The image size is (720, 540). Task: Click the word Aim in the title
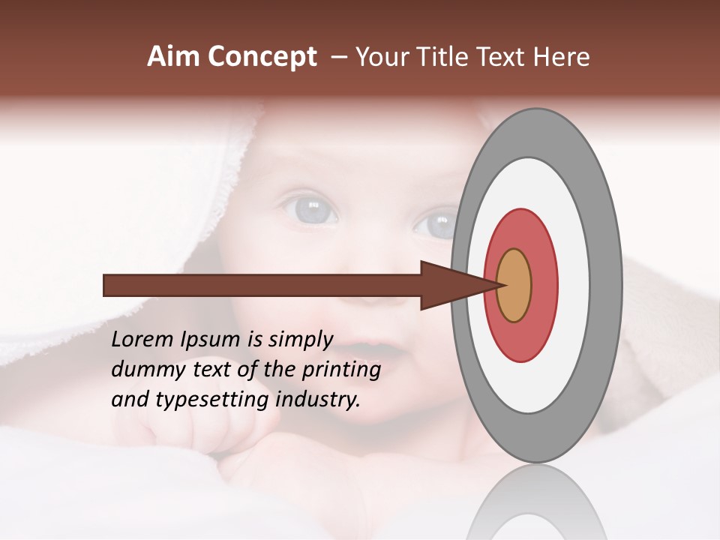173,57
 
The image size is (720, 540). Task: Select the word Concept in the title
262,58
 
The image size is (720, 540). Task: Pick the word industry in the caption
318,399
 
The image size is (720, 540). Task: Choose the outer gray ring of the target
606,285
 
